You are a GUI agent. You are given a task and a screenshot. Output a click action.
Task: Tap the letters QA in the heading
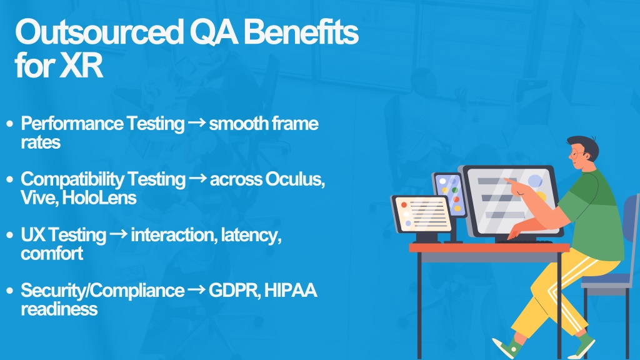pyautogui.click(x=214, y=32)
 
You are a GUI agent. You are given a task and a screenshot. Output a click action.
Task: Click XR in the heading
pyautogui.click(x=81, y=65)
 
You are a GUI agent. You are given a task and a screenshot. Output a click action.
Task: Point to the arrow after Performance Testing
pyautogui.click(x=197, y=122)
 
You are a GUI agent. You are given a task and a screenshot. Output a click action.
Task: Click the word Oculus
pyautogui.click(x=295, y=179)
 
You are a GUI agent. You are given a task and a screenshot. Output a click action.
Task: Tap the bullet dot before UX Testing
pyautogui.click(x=10, y=235)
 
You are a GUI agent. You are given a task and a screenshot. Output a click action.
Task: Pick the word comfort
pyautogui.click(x=52, y=254)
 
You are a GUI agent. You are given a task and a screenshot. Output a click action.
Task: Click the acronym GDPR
pyautogui.click(x=234, y=291)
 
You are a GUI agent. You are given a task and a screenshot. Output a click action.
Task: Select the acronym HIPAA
pyautogui.click(x=291, y=290)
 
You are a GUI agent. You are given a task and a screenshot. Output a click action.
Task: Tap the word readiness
pyautogui.click(x=59, y=309)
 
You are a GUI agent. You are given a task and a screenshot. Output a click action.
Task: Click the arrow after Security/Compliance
pyautogui.click(x=196, y=290)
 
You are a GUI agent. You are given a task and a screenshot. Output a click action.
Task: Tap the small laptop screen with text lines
pyautogui.click(x=422, y=214)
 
